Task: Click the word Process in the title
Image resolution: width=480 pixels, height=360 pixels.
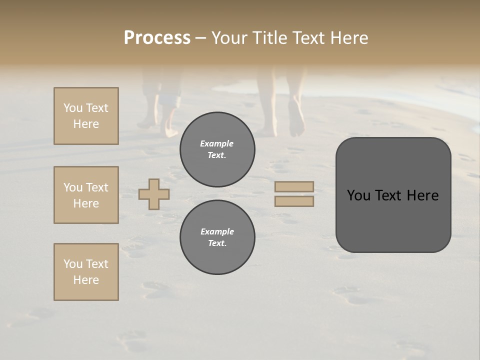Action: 157,38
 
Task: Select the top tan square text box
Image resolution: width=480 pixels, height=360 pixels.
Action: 86,116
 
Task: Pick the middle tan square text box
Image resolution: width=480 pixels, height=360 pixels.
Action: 86,195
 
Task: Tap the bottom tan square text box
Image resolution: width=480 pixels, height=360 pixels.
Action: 86,272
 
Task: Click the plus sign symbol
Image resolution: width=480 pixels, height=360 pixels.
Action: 154,194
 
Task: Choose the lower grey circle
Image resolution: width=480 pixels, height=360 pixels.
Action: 217,237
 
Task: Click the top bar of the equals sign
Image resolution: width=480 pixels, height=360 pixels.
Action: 294,187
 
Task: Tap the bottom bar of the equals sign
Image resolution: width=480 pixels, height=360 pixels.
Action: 294,201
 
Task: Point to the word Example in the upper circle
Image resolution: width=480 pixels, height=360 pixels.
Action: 217,143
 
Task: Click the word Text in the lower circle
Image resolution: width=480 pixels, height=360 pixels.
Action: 217,243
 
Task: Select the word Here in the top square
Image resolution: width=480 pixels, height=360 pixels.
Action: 86,124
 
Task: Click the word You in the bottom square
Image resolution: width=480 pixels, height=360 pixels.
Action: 73,264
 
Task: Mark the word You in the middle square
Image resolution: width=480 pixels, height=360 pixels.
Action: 73,187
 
